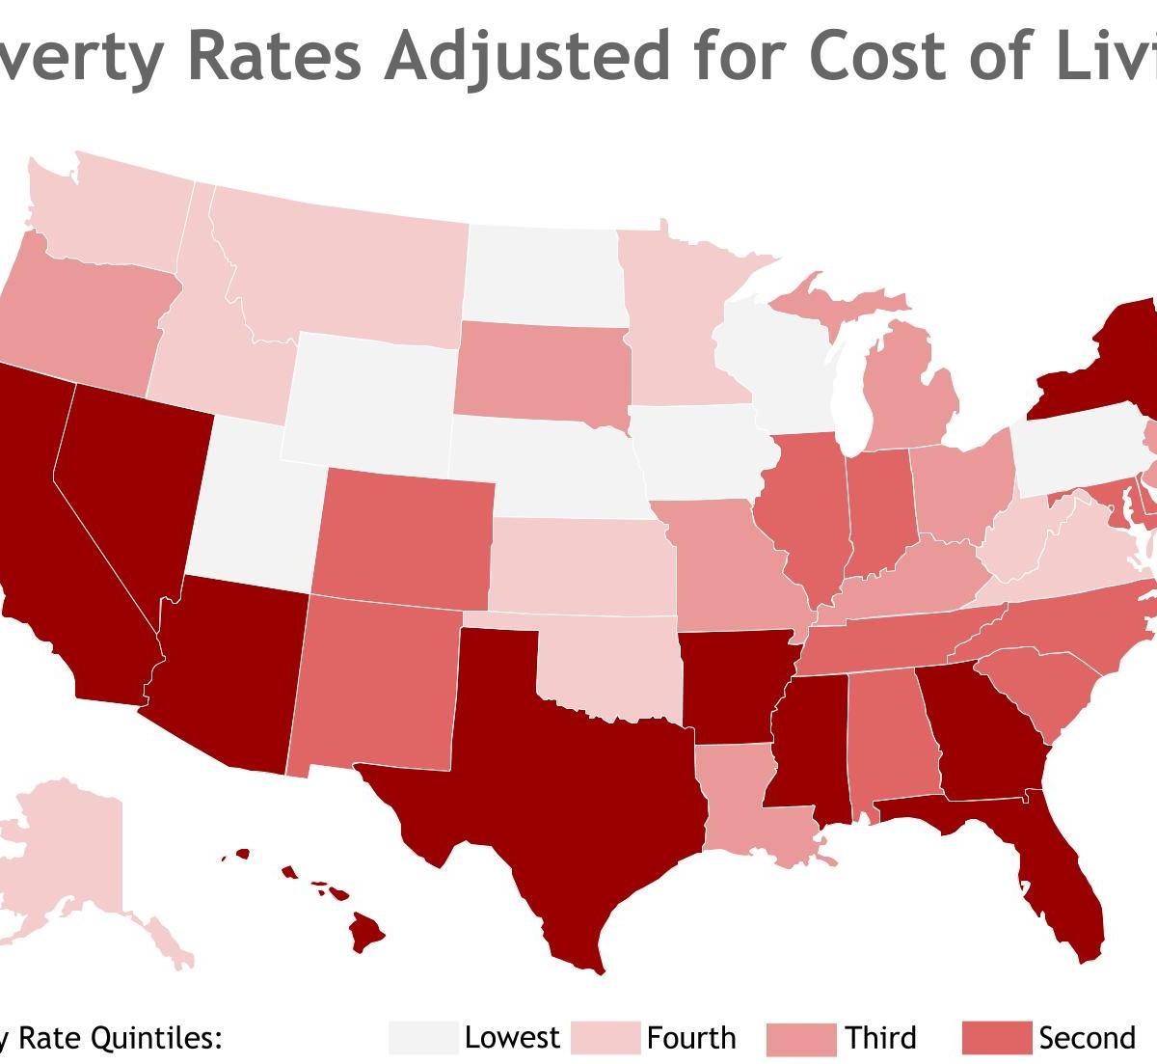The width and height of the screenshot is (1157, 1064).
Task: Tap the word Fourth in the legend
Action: click(x=691, y=1038)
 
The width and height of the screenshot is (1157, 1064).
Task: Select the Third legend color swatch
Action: click(x=800, y=1039)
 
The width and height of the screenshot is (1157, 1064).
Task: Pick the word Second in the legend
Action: click(x=1087, y=1038)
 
